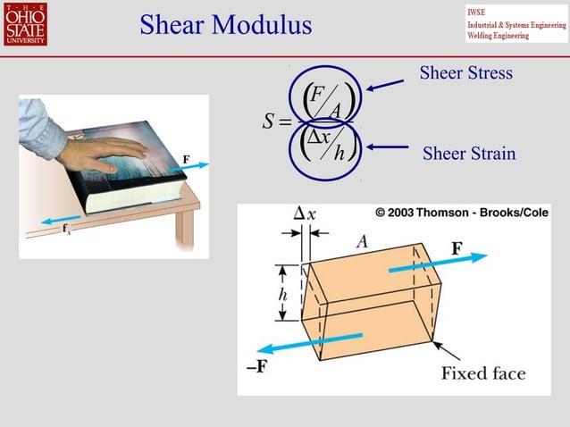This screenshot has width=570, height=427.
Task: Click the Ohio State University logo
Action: point(25,24)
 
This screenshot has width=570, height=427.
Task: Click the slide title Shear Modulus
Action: point(225,25)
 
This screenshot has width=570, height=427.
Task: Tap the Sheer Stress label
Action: point(466,73)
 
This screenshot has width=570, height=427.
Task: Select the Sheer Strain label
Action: point(469,154)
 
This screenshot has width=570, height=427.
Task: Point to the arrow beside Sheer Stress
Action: point(385,85)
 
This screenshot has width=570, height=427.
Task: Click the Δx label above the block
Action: point(305,214)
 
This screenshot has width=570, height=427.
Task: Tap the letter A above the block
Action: point(362,241)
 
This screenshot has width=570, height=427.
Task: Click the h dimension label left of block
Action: point(282,294)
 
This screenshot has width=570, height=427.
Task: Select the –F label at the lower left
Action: point(256,365)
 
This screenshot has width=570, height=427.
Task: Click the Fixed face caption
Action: point(482,373)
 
